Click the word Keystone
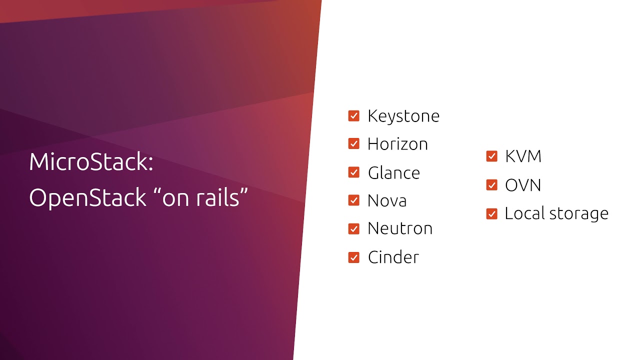tap(403, 116)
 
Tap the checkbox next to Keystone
tap(354, 116)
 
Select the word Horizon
tap(397, 144)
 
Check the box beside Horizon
tap(354, 144)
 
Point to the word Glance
tap(394, 172)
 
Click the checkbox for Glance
tap(354, 172)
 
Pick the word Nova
tap(387, 200)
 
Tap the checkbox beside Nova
tap(354, 200)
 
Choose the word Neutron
tap(400, 228)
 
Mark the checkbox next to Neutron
tap(354, 229)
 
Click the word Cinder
tap(393, 257)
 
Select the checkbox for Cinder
tap(354, 257)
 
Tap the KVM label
tap(523, 156)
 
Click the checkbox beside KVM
tap(492, 156)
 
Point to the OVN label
tap(523, 185)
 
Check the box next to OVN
tap(492, 185)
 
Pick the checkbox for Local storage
tap(492, 214)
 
